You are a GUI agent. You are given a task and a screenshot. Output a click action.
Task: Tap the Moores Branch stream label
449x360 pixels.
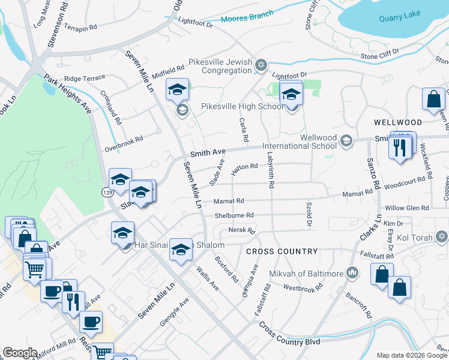247,17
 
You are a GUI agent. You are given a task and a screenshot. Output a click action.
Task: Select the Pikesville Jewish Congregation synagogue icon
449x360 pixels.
261,65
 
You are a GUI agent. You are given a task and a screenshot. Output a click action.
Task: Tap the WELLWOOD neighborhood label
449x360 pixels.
394,122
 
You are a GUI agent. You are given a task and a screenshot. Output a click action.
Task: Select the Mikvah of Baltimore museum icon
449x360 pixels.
352,274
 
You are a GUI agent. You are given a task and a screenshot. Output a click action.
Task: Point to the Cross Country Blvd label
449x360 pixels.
289,334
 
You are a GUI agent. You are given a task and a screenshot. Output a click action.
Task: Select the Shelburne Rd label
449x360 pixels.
234,215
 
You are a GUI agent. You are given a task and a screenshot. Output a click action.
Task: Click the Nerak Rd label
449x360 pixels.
242,230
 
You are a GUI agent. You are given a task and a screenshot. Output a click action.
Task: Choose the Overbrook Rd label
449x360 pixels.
124,141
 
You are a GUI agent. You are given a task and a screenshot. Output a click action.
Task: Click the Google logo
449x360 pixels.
20,353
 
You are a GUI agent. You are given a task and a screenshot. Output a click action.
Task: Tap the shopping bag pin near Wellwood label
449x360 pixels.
433,100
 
